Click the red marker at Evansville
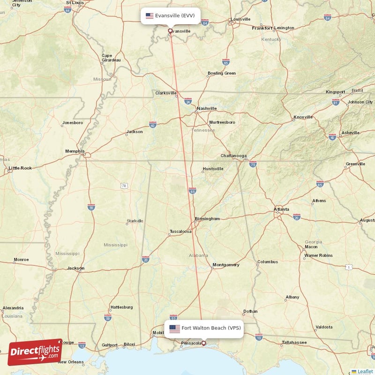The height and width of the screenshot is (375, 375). tap(170, 31)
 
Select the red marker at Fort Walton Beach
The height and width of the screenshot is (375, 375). tap(203, 343)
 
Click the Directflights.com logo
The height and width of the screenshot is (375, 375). tap(35, 352)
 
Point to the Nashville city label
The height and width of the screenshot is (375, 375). tap(207, 108)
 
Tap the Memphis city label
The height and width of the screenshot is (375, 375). tap(75, 151)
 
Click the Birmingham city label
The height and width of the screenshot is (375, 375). tap(208, 219)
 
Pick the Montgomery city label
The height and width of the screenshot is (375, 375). tap(226, 265)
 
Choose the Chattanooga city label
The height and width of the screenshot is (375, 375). tap(233, 156)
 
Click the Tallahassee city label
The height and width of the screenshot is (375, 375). tap(294, 343)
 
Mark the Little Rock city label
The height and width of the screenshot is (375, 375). tap(20, 168)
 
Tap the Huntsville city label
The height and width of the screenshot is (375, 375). tap(213, 169)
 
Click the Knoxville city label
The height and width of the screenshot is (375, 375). tap(303, 117)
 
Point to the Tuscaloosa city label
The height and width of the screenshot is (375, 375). tap(180, 232)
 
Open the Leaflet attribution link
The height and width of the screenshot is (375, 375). tap(365, 371)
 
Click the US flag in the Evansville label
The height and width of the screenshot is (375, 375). tap(150, 15)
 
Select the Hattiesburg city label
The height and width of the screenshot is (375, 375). tap(121, 307)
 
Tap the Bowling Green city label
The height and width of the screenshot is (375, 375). tap(222, 73)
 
